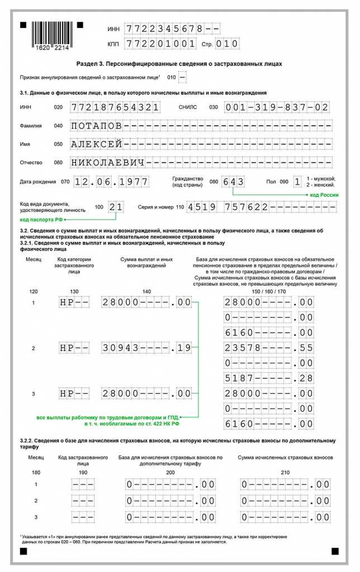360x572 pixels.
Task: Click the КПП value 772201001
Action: [x=160, y=44]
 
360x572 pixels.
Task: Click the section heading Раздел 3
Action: [x=179, y=64]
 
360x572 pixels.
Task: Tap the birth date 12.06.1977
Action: [x=112, y=182]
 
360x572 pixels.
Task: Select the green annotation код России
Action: [x=325, y=194]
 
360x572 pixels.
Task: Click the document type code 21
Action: [x=116, y=207]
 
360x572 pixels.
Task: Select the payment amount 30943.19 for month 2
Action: [x=146, y=348]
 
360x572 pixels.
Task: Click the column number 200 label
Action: [x=170, y=473]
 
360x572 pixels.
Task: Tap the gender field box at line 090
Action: [x=297, y=182]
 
